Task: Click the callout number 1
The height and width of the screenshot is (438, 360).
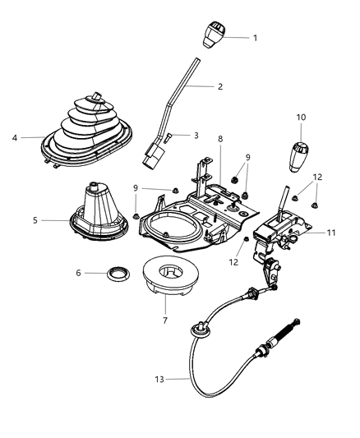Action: click(x=255, y=38)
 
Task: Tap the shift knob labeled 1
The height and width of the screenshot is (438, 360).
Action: click(x=214, y=35)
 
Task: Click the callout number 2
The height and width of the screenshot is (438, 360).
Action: click(x=220, y=85)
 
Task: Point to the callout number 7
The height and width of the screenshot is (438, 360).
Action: click(x=164, y=320)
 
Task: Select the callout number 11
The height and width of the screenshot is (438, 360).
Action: click(x=330, y=233)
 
